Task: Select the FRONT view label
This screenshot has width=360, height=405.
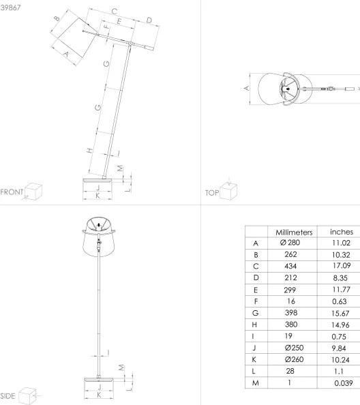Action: pyautogui.click(x=12, y=192)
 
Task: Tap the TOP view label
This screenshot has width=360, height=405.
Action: pyautogui.click(x=211, y=193)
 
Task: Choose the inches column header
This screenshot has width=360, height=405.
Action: pyautogui.click(x=341, y=232)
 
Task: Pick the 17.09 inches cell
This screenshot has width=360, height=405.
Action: pyautogui.click(x=341, y=265)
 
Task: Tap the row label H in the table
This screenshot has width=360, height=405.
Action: pyautogui.click(x=256, y=325)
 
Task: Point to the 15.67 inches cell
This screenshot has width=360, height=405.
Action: pyautogui.click(x=341, y=312)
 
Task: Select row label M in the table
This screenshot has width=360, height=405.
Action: pyautogui.click(x=256, y=384)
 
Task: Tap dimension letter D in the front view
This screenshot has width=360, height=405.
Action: pyautogui.click(x=149, y=21)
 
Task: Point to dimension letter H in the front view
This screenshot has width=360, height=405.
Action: pyautogui.click(x=90, y=151)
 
